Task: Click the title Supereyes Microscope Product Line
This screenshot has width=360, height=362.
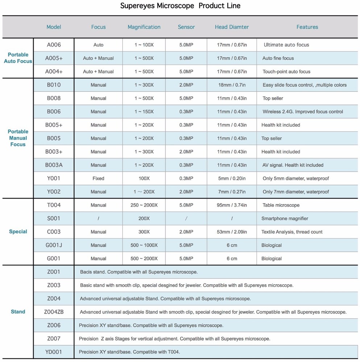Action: (180, 6)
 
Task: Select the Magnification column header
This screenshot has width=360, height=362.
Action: (144, 27)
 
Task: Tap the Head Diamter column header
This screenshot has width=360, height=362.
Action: (232, 27)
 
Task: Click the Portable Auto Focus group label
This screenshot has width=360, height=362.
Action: (18, 58)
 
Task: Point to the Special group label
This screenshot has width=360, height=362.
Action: (18, 232)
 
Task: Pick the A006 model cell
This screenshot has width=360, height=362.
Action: (54, 45)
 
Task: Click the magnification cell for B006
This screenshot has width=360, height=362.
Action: (144, 111)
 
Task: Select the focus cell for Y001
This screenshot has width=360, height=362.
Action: (98, 178)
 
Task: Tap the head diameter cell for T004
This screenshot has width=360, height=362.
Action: (232, 205)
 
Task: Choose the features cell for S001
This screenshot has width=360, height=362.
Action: (285, 219)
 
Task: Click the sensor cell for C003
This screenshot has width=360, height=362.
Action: (186, 232)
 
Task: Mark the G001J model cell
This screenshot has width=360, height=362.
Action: (54, 245)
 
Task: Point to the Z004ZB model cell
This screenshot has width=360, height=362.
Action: (54, 312)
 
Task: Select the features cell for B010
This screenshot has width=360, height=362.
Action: (305, 85)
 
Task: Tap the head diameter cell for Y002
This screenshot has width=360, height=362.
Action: (232, 192)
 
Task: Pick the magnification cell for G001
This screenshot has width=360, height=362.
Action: (144, 258)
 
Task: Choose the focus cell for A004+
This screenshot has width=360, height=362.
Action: (98, 72)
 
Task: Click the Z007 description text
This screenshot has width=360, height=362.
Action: (174, 339)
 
